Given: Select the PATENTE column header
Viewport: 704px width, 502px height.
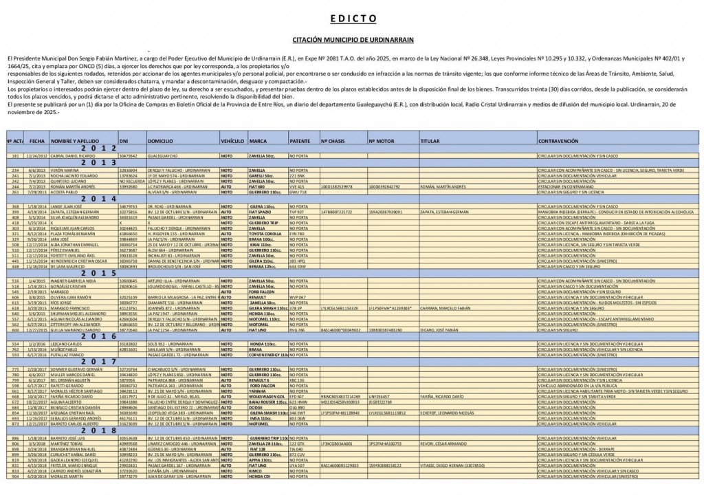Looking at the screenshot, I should point(300,140).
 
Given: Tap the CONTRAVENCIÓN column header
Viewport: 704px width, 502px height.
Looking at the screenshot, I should point(558,140).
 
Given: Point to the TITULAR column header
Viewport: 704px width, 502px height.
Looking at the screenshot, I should point(430,140).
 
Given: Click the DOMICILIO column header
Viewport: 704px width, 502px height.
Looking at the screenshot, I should point(160,140).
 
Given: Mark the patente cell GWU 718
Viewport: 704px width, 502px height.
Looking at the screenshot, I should point(298,192).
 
